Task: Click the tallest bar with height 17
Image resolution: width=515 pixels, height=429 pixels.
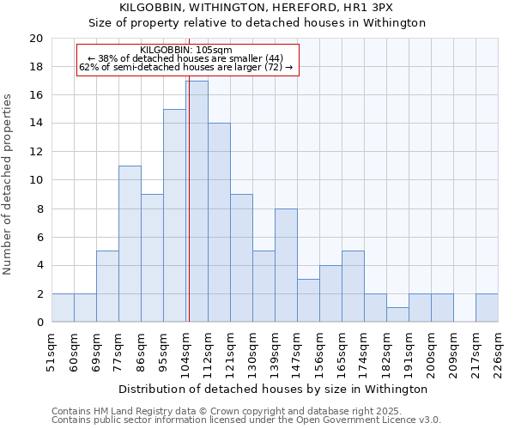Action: click(197, 202)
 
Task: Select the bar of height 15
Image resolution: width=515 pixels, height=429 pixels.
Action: click(174, 215)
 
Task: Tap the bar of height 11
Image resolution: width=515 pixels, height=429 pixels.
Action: click(130, 244)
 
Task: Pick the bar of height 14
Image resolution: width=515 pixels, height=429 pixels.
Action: click(219, 222)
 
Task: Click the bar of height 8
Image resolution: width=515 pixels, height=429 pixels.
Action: click(286, 265)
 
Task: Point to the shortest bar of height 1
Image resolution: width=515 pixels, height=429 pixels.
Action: click(397, 315)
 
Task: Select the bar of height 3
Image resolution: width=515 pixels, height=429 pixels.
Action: click(308, 300)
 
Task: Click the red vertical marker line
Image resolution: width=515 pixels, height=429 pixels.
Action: click(188, 197)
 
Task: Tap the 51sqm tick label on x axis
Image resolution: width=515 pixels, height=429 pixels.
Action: click(51, 351)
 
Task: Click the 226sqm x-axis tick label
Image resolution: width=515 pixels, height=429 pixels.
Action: click(498, 351)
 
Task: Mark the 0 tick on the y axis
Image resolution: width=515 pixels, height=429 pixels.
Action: click(39, 323)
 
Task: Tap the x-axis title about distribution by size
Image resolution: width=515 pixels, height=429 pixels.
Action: click(274, 389)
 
